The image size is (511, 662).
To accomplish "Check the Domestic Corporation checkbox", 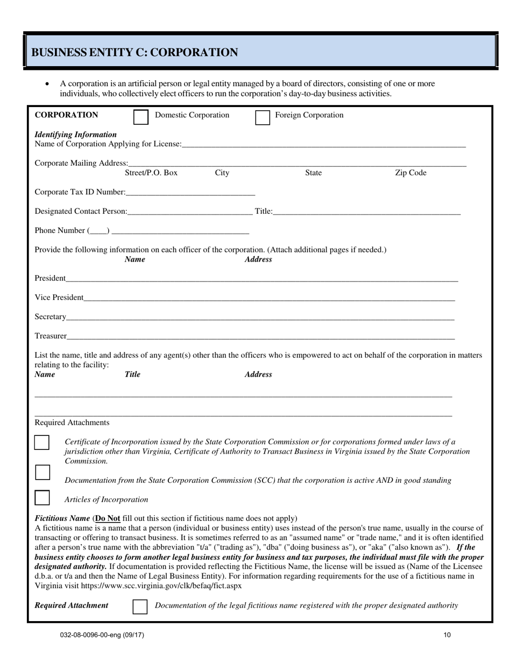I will click(140, 117).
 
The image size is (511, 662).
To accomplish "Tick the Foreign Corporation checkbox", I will click(262, 117).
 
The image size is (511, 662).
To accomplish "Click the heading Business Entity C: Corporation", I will click(134, 52).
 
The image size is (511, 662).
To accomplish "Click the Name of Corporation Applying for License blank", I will click(323, 144).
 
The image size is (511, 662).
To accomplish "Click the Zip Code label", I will click(410, 173).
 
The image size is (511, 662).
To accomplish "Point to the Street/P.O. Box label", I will click(151, 173).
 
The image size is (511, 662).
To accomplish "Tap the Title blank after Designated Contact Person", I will click(366, 212).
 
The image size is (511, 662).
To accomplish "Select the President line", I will click(262, 278).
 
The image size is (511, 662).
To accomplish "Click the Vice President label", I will click(59, 298).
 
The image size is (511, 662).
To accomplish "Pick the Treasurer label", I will click(51, 336).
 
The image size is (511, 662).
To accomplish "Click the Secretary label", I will click(51, 316).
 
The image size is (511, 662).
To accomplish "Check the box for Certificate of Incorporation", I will click(42, 443).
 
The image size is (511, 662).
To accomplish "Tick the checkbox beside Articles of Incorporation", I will click(42, 498).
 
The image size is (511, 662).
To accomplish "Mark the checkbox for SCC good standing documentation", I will click(42, 473).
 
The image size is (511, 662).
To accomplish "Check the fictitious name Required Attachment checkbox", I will click(140, 607).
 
